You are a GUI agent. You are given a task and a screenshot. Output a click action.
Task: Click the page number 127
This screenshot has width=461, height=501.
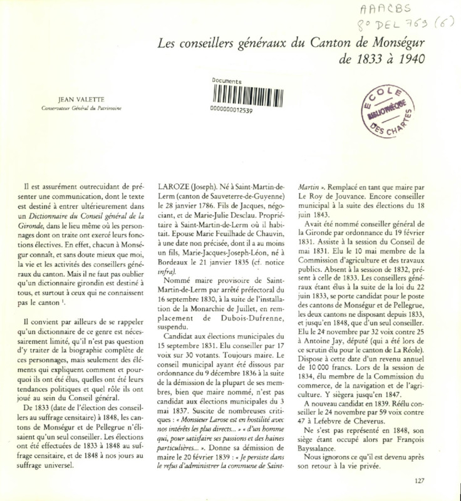(x=420, y=481)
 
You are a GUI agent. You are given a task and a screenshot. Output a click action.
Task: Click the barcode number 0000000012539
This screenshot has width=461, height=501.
(x=233, y=110)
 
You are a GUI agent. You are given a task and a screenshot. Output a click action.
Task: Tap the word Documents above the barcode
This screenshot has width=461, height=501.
(x=227, y=81)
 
